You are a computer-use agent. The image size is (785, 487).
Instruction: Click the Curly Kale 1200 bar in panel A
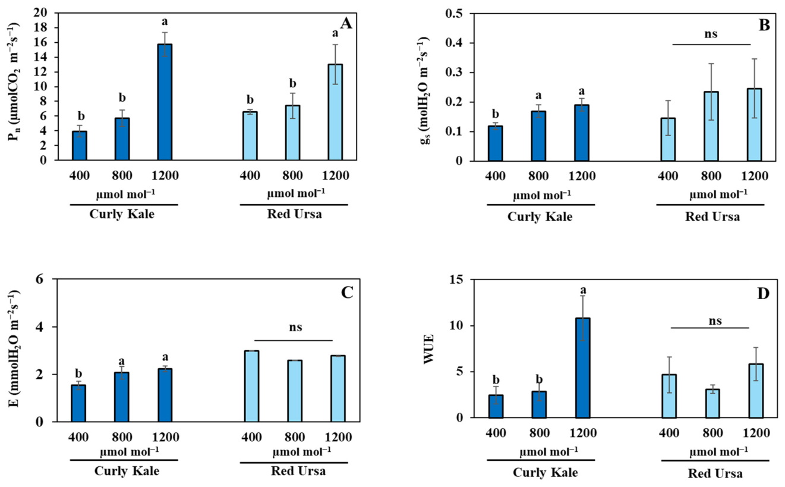pyautogui.click(x=165, y=102)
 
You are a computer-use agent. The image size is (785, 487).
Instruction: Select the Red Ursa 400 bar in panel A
pyautogui.click(x=250, y=136)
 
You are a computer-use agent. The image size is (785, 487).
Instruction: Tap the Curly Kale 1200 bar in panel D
pyautogui.click(x=582, y=368)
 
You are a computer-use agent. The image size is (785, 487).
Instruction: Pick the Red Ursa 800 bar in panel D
pyautogui.click(x=713, y=403)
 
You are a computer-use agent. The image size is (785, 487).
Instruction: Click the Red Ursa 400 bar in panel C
pyautogui.click(x=251, y=386)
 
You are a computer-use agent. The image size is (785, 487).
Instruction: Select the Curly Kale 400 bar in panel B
pyautogui.click(x=495, y=143)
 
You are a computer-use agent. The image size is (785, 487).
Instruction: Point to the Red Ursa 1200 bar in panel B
pyautogui.click(x=754, y=125)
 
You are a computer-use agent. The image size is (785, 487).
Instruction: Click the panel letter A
pyautogui.click(x=346, y=24)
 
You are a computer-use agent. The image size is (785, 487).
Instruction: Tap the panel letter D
pyautogui.click(x=763, y=294)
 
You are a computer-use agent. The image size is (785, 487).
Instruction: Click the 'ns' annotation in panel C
pyautogui.click(x=295, y=327)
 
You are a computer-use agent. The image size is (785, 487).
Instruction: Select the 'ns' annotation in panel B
pyautogui.click(x=711, y=34)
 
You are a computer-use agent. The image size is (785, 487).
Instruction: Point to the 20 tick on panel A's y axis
pyautogui.click(x=40, y=12)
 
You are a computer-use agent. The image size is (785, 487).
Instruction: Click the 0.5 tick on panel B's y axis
pyautogui.click(x=454, y=13)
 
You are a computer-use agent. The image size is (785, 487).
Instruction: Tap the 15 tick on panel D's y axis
pyautogui.click(x=456, y=279)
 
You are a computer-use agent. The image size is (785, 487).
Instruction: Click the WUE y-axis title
pyautogui.click(x=429, y=349)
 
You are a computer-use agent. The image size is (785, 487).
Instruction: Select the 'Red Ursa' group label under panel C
pyautogui.click(x=298, y=470)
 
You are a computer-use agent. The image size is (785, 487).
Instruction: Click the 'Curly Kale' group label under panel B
pyautogui.click(x=540, y=216)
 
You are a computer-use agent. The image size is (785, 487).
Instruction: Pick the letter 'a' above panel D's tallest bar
pyautogui.click(x=583, y=290)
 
